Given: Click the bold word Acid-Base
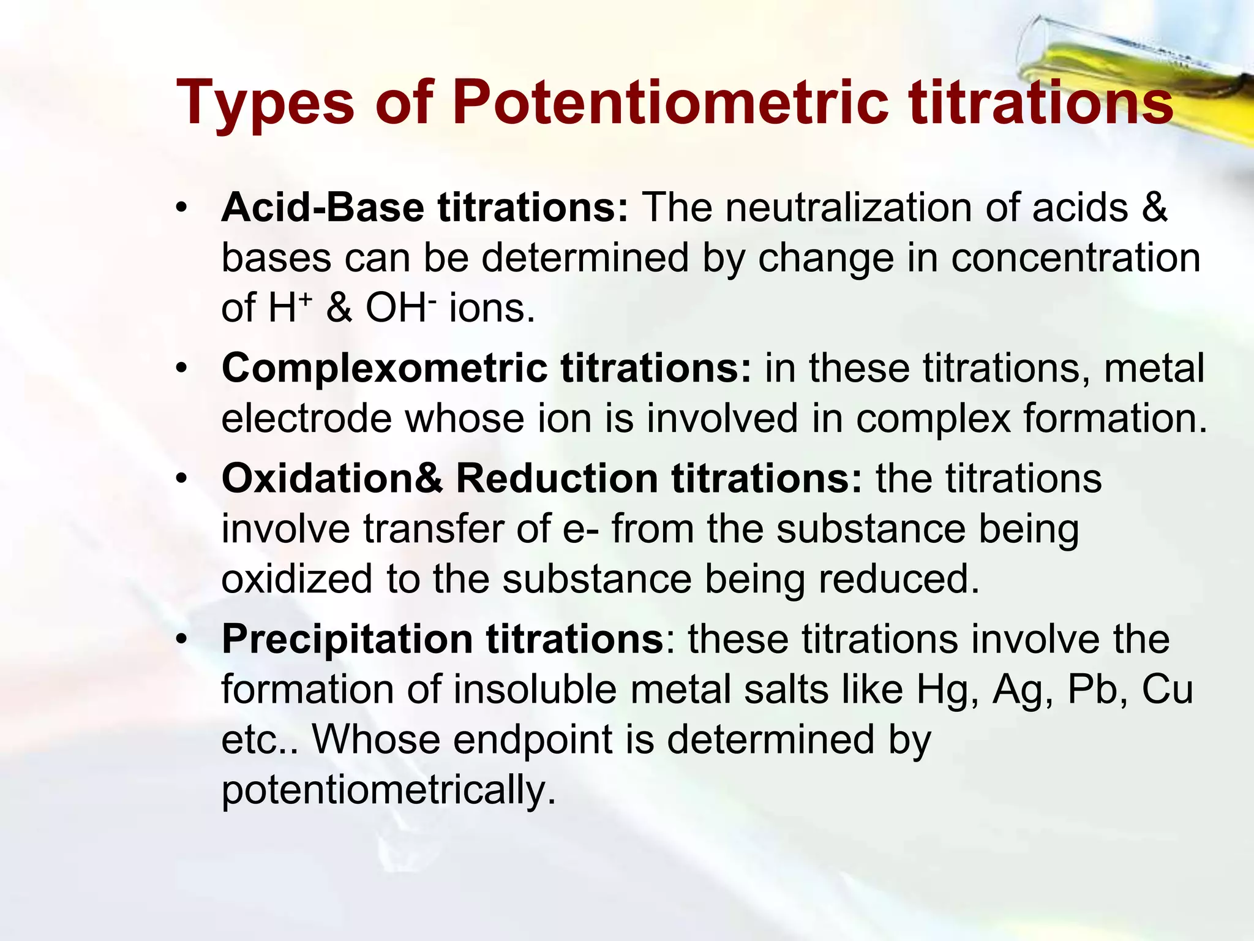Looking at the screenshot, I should pyautogui.click(x=323, y=208).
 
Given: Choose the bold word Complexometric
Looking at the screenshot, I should pyautogui.click(x=385, y=369).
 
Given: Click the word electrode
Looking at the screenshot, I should pyautogui.click(x=306, y=419).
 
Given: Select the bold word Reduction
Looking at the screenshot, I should pyautogui.click(x=557, y=478).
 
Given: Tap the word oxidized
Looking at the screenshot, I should pyautogui.click(x=296, y=579).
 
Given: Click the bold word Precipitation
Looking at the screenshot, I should pyautogui.click(x=347, y=640).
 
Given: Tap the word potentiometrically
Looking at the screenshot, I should pyautogui.click(x=389, y=790).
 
